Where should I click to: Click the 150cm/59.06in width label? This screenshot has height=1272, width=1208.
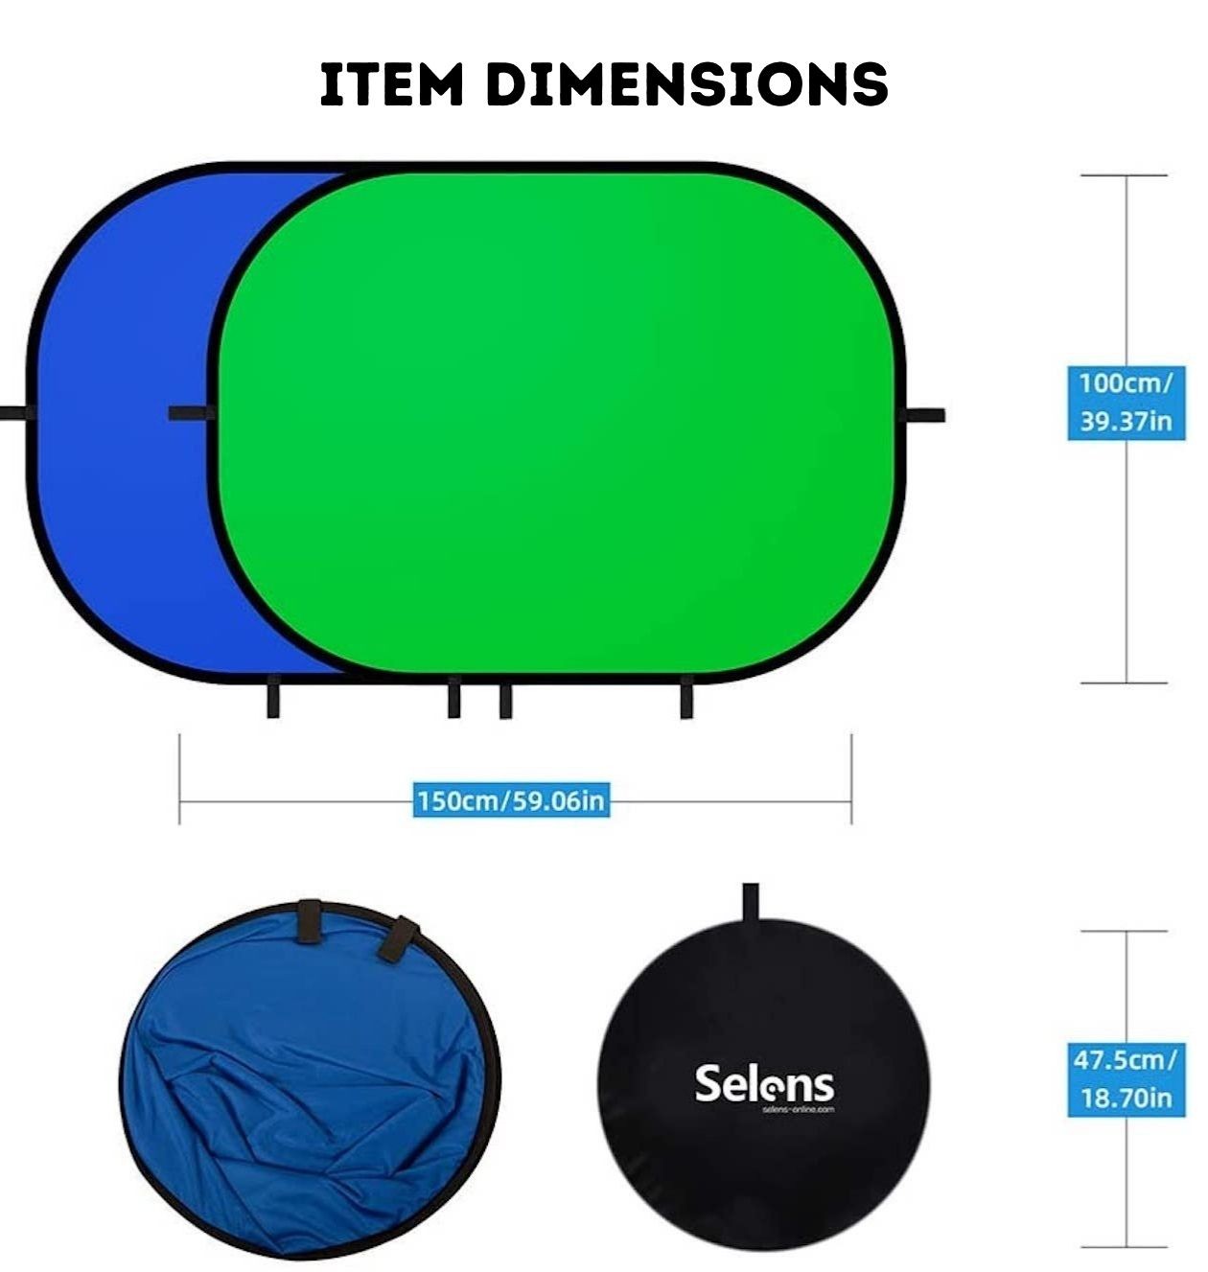pyautogui.click(x=511, y=799)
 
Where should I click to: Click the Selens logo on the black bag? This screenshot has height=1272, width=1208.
pyautogui.click(x=764, y=1083)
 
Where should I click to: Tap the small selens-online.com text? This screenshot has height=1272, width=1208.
pyautogui.click(x=799, y=1109)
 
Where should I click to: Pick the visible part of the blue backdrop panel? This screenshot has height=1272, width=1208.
pyautogui.click(x=125, y=431)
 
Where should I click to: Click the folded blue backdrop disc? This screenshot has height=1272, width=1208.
pyautogui.click(x=307, y=1083)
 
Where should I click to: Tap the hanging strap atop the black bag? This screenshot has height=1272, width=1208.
pyautogui.click(x=750, y=900)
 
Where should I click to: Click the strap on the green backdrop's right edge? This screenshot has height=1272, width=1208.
pyautogui.click(x=925, y=415)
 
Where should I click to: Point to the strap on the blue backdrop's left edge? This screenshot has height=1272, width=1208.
pyautogui.click(x=13, y=413)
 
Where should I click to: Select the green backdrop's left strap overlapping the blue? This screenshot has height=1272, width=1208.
pyautogui.click(x=190, y=413)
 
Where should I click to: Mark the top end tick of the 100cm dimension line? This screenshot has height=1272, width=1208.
pyautogui.click(x=1124, y=175)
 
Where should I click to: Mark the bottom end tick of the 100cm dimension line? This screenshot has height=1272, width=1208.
pyautogui.click(x=1124, y=683)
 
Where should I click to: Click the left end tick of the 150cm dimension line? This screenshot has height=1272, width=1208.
pyautogui.click(x=179, y=778)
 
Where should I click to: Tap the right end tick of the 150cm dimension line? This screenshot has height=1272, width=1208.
pyautogui.click(x=851, y=778)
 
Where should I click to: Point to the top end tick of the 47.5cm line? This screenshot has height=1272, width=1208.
pyautogui.click(x=1125, y=931)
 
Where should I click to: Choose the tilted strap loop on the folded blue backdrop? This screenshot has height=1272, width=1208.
pyautogui.click(x=397, y=938)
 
